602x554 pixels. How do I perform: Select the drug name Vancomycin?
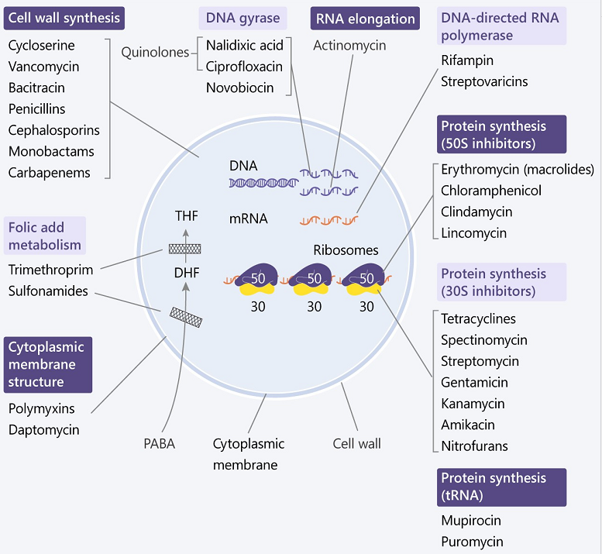(x=43, y=67)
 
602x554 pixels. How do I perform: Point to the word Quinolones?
(x=155, y=53)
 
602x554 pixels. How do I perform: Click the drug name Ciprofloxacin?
(x=244, y=67)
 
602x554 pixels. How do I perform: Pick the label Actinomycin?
(x=349, y=46)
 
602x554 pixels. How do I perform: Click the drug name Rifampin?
(x=467, y=60)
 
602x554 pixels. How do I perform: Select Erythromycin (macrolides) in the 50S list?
(x=517, y=169)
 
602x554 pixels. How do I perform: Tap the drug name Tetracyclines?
(x=478, y=318)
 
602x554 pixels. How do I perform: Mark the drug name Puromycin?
(x=472, y=542)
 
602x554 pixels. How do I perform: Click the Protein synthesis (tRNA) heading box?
(x=502, y=487)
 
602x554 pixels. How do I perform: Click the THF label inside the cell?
(x=186, y=215)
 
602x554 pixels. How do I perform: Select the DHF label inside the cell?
(x=186, y=272)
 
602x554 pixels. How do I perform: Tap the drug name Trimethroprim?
(x=50, y=270)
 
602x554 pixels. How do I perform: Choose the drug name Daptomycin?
(x=43, y=429)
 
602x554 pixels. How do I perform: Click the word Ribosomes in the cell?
(x=346, y=250)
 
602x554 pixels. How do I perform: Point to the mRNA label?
(x=248, y=219)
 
